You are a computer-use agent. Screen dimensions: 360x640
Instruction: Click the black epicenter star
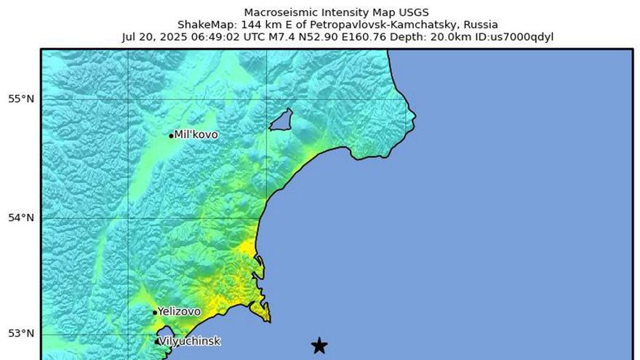(319, 345)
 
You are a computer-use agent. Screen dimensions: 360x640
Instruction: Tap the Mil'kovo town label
(196, 135)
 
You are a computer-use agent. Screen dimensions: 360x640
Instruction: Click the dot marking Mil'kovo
(172, 135)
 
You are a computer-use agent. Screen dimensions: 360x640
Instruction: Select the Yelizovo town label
(179, 311)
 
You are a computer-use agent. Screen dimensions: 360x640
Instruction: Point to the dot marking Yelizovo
(155, 313)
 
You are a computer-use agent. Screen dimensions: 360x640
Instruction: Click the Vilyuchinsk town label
(189, 341)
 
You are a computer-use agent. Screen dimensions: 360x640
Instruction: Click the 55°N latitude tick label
(21, 99)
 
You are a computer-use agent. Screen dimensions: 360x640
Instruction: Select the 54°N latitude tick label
(21, 217)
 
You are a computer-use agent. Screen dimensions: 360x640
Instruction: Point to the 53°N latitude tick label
(21, 334)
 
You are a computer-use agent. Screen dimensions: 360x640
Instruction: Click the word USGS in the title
(415, 12)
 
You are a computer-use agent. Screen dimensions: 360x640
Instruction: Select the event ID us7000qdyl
(516, 36)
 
